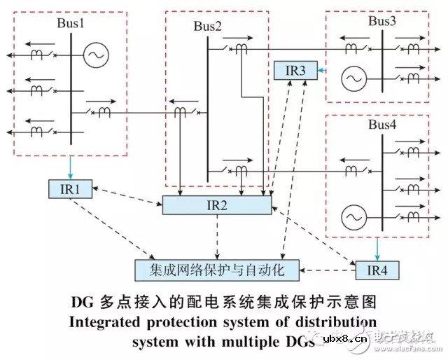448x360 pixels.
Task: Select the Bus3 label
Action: [x=382, y=21]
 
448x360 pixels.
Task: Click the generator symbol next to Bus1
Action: [x=95, y=55]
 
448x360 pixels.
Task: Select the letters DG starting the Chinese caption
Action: [x=83, y=303]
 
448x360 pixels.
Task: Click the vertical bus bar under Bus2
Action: [x=208, y=105]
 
